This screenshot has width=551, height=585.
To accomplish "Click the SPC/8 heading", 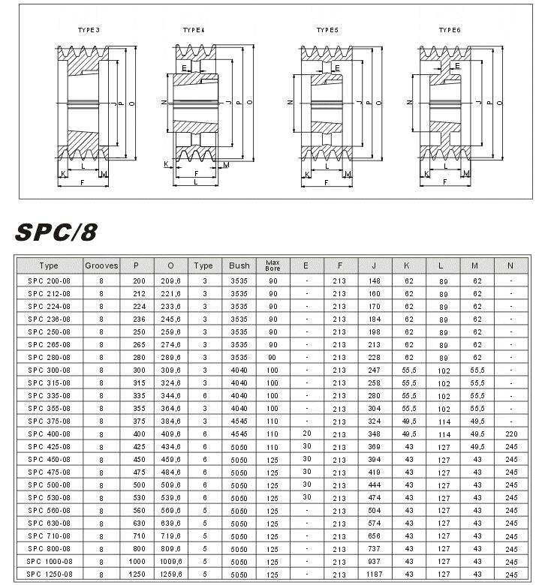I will coord(56,232).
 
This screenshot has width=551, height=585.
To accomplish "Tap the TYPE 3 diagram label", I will coord(89,29).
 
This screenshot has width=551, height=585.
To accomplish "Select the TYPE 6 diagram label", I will coord(450,29).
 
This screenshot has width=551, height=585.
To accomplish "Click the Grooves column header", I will coord(101,265).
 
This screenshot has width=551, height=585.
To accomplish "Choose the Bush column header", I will coord(239,265).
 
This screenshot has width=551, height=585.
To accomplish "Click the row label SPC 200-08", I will coord(49,280).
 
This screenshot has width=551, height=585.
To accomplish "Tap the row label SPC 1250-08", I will coord(49,574).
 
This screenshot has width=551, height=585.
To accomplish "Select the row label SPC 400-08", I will coord(49,434).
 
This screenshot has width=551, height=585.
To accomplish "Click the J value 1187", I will coord(374,574).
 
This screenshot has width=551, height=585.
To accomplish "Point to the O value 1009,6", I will coord(171,561).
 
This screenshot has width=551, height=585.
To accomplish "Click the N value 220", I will coord(510,434).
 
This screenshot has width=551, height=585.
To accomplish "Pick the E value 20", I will coord(306,434).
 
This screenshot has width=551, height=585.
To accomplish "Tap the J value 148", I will coord(374,280).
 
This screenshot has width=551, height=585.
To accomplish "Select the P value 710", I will coord(137,535).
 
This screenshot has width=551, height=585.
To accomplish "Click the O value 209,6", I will coord(171,280).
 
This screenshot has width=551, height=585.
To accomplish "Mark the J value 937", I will coord(374,561).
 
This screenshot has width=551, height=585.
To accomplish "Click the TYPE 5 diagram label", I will coord(327,29).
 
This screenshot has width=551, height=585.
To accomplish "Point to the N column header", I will coord(510,265).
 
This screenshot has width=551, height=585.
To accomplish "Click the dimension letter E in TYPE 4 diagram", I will coord(185,67).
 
